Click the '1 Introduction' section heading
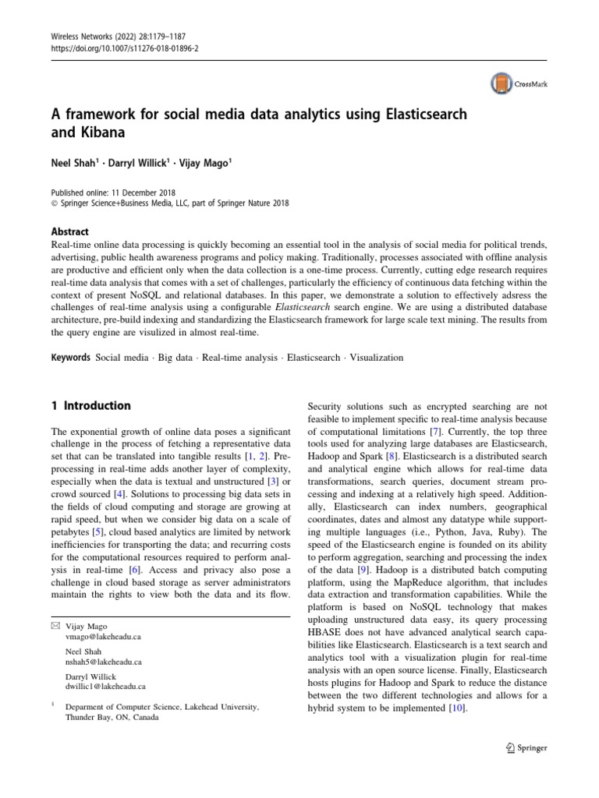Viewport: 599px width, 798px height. pos(90,406)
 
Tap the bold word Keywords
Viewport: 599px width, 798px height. pos(69,358)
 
